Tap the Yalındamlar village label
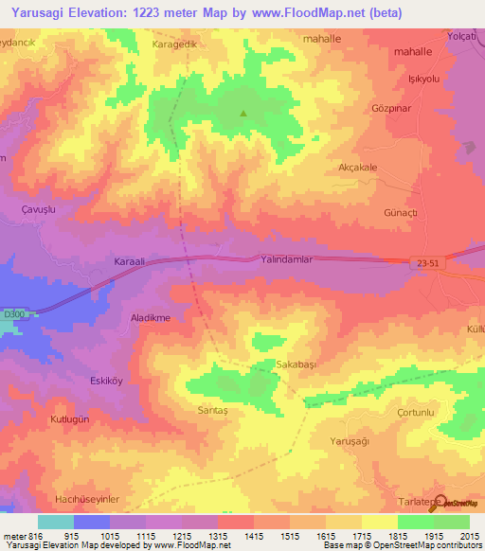[x=286, y=258]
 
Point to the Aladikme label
[x=150, y=318]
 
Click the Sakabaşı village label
[x=272, y=364]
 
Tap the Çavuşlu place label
[x=42, y=207]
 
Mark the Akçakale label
[x=358, y=167]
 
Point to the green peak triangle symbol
[x=243, y=115]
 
